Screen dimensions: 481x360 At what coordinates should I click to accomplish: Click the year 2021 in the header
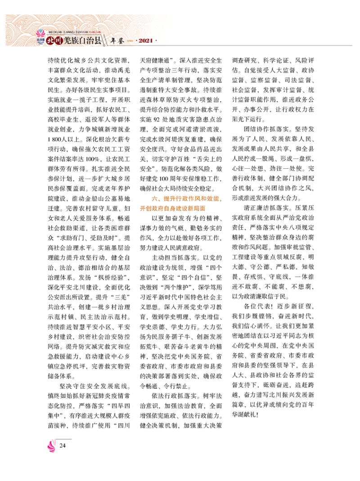coord(144,42)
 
